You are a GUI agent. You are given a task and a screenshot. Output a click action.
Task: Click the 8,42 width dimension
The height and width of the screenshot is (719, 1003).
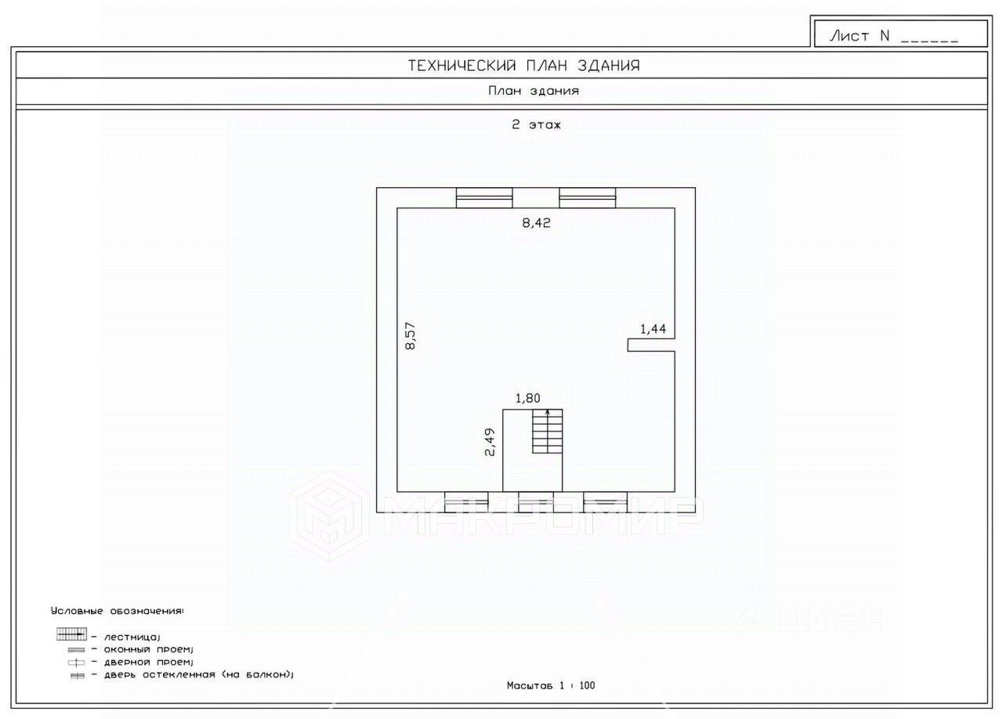tap(537, 222)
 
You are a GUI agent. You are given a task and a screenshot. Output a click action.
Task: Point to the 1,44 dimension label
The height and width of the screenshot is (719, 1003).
tap(653, 329)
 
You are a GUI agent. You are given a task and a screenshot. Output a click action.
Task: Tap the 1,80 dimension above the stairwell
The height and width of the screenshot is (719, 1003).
tap(527, 398)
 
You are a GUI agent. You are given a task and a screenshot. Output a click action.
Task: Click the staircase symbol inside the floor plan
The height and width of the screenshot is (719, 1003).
tap(547, 432)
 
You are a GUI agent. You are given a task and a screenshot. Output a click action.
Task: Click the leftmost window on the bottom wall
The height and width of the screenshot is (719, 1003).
tap(466, 501)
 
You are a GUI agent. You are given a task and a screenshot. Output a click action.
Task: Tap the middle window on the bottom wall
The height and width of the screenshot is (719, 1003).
tap(536, 501)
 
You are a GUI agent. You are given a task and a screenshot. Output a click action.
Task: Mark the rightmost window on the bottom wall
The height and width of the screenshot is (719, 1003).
tap(605, 501)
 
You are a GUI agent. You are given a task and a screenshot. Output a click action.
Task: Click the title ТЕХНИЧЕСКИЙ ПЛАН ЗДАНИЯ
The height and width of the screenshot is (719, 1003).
tap(523, 66)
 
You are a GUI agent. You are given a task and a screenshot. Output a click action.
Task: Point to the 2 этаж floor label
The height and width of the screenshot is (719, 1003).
tap(537, 125)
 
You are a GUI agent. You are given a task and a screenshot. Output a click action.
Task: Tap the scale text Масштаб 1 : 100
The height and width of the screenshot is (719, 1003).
tap(551, 685)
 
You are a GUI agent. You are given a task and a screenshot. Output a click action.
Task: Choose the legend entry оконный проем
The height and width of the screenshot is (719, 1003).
tap(141, 649)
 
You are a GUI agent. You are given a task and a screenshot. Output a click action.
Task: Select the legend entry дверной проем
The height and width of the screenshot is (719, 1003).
tap(141, 662)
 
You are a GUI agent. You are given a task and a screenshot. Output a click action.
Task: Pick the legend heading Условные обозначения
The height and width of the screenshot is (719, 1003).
tap(118, 609)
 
